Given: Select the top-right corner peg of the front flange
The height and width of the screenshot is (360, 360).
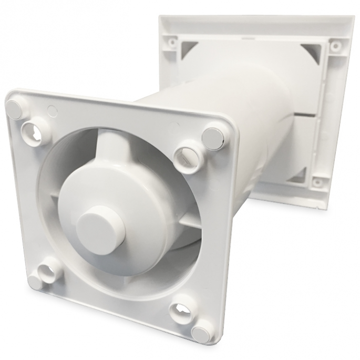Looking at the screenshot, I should [x=213, y=136].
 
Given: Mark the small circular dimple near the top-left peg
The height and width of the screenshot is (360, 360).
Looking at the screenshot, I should [x=52, y=110].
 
